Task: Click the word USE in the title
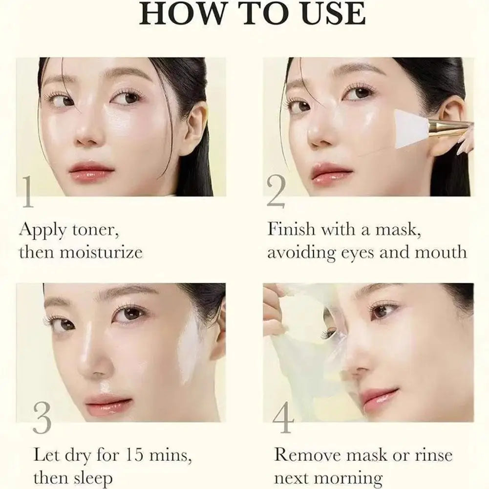333,14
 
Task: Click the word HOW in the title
175,14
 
